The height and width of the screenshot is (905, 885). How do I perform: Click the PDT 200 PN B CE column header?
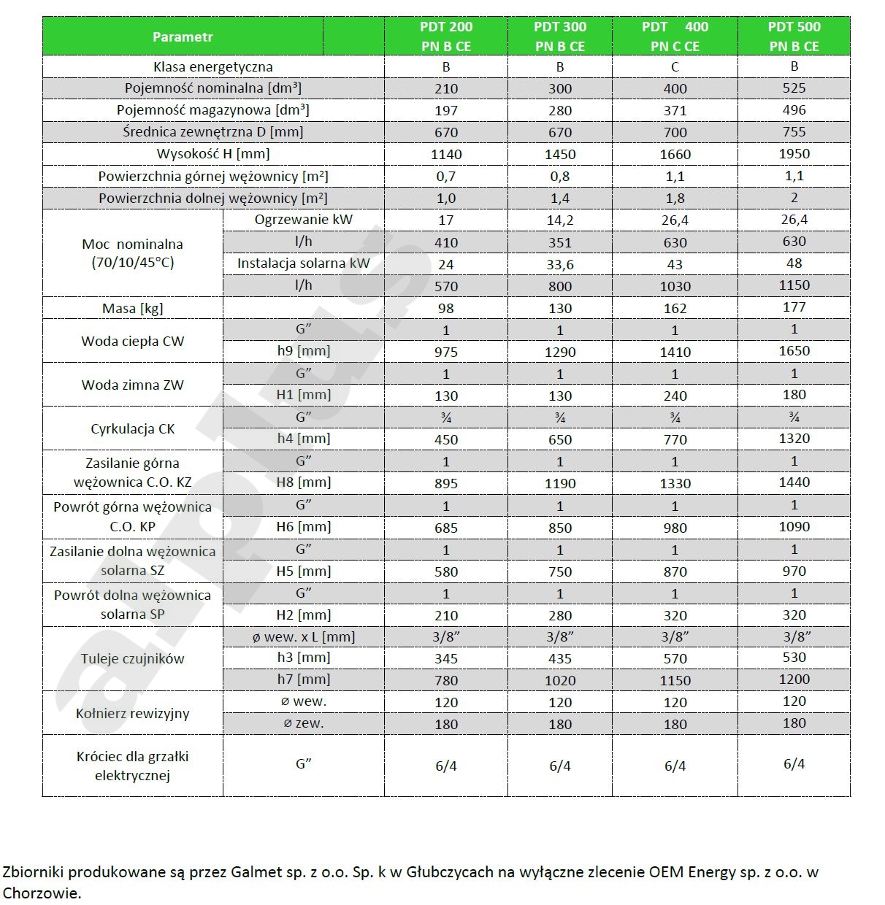445,36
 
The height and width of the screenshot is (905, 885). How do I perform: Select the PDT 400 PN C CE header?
675,36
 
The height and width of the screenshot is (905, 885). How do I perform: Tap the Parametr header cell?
183,36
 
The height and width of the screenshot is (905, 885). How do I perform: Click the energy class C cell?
675,67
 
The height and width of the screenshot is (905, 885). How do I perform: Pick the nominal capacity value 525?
794,88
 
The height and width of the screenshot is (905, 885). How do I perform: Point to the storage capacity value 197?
445,111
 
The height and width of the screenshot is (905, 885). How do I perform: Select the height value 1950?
794,153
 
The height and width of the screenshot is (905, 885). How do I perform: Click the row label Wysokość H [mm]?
213,154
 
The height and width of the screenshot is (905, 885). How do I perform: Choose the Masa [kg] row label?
133,308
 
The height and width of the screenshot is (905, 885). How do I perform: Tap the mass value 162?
675,308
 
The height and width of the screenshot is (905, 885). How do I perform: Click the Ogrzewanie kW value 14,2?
560,220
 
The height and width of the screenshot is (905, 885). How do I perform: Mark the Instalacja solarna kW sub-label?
303,263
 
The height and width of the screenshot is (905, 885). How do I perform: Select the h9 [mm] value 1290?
560,352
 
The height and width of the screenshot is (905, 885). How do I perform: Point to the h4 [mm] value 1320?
794,438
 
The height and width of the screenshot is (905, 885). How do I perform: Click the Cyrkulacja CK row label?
133,429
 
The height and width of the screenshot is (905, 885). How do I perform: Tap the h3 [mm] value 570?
675,658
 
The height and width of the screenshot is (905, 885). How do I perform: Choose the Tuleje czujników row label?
133,658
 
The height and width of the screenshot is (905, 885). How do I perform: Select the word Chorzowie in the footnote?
42,893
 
